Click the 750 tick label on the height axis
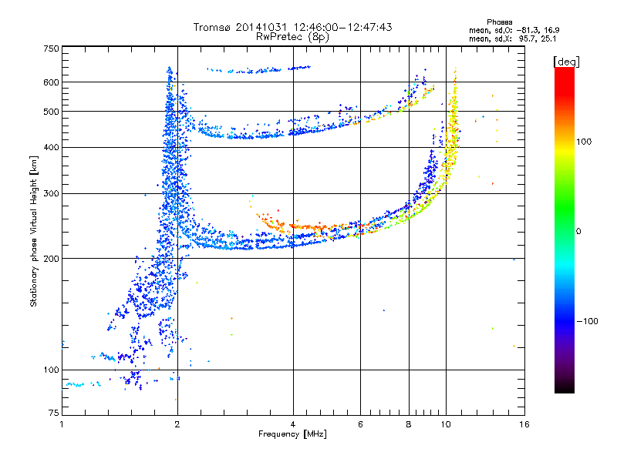50,49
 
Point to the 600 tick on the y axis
50,82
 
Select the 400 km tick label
50,147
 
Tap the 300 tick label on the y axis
50,193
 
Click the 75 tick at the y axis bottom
52,413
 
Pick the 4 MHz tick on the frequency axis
293,424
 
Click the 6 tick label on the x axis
360,424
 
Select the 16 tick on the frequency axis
524,424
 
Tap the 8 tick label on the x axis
409,424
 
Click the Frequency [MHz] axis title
292,434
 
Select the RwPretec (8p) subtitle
292,36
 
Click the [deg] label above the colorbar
567,61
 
